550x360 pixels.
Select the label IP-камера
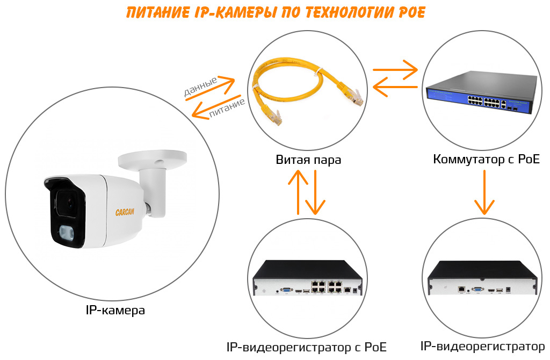pos(115,311)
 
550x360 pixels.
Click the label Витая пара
pos(308,160)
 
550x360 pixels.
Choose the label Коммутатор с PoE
pos(486,160)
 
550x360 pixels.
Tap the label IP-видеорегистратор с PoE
pos(307,347)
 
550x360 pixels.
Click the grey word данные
pos(200,87)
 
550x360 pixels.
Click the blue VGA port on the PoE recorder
pos(287,290)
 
